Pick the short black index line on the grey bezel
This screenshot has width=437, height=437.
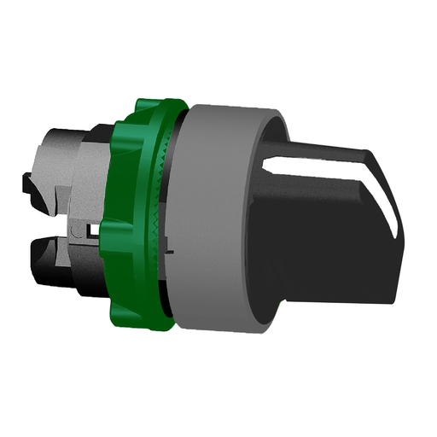coord(170,253)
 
